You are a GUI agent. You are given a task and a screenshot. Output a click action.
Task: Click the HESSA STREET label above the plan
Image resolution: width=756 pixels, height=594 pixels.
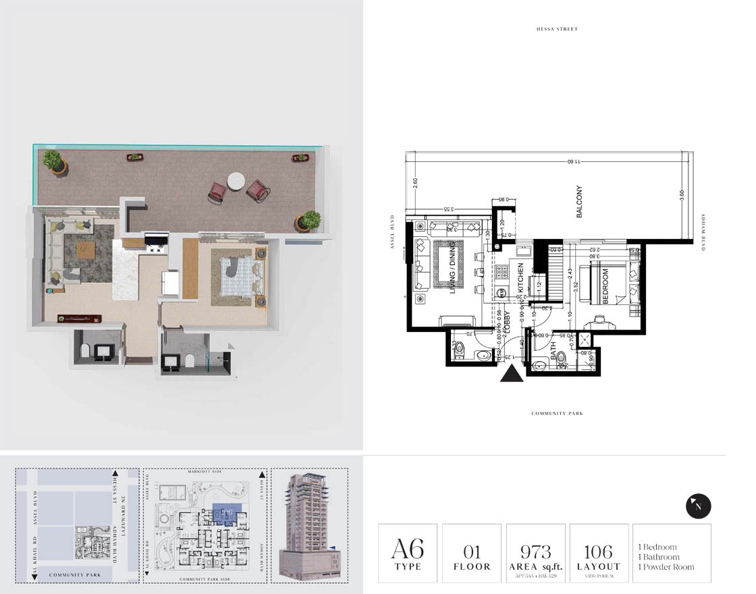click(557, 29)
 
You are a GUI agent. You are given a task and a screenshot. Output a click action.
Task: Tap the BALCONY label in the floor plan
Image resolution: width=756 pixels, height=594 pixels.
click(579, 201)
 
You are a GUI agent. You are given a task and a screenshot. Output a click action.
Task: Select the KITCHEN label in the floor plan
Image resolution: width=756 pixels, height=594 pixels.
click(520, 277)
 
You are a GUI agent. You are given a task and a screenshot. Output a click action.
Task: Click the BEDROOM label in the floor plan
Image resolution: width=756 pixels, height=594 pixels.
click(605, 286)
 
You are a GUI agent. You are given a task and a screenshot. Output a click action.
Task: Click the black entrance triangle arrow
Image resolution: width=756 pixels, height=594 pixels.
click(512, 373)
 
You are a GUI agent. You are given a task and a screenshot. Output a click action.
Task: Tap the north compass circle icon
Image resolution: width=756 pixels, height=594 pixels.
click(698, 506)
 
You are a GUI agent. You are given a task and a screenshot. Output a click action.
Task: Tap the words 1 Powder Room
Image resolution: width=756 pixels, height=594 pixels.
click(666, 567)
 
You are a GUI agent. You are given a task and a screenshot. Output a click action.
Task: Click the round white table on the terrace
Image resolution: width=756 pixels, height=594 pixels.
click(236, 181)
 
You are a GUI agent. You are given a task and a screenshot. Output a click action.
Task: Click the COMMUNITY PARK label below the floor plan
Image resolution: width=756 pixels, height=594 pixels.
click(557, 413)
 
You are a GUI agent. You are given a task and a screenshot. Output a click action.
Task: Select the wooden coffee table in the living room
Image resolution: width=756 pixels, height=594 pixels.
click(86, 250)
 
